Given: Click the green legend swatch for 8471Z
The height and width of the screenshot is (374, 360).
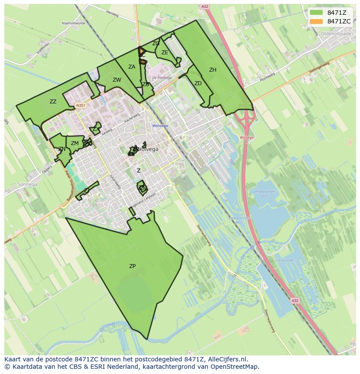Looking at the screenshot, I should [316, 13].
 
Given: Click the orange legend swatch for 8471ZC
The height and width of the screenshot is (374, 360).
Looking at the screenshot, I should [316, 21].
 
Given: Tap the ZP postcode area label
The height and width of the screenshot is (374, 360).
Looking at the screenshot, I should [132, 266].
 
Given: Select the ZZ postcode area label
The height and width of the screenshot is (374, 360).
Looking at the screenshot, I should [53, 102].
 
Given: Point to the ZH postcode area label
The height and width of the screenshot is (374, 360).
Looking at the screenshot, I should [213, 70].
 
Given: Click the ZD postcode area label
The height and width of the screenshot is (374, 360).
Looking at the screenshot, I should [198, 83].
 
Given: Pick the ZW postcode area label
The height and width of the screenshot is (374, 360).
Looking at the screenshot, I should [117, 80].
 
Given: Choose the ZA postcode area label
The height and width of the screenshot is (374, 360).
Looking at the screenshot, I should [132, 67].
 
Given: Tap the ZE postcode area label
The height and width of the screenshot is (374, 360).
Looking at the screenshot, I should [165, 53].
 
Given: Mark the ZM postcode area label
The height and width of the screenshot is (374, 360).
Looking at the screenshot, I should [75, 143].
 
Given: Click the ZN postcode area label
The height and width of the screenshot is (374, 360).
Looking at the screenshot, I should [62, 149].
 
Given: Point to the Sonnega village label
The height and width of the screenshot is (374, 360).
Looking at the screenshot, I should [28, 184].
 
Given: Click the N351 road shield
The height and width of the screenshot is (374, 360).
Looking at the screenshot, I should [80, 105].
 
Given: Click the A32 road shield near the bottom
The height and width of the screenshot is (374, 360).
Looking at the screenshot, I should [295, 301].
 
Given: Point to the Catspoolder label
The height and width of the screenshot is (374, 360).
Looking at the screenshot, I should [285, 261].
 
